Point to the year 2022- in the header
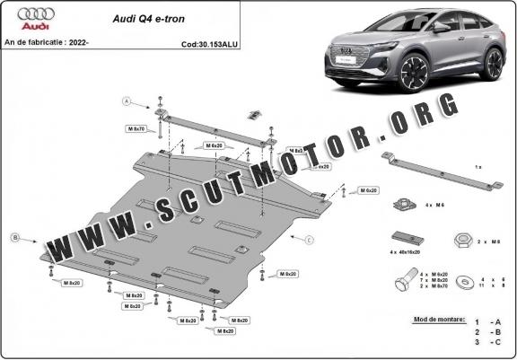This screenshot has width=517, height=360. (105, 43)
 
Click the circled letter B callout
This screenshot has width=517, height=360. (14, 237)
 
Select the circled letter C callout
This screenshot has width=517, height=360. (309, 240)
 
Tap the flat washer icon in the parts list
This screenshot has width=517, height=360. (464, 283)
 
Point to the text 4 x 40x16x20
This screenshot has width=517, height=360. (408, 254)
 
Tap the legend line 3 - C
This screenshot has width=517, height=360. (489, 342)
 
